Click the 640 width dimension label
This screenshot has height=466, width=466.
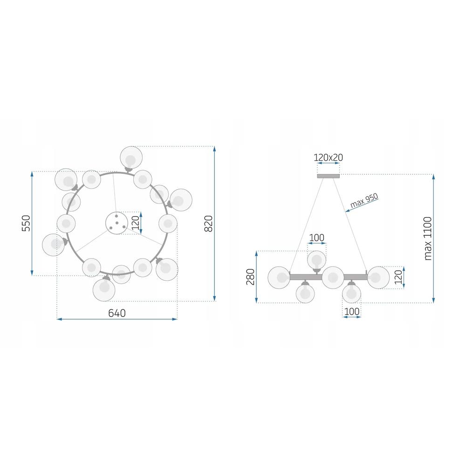(x=117, y=313)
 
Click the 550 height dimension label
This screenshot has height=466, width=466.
(x=26, y=223)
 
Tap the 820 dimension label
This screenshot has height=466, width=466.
(x=209, y=224)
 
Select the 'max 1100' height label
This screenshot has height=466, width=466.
(x=428, y=239)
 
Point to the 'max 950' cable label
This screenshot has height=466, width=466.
(x=364, y=200)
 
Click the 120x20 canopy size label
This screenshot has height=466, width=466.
(x=328, y=158)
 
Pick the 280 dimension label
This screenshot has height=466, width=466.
(x=251, y=277)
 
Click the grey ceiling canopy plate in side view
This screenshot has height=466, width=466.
(x=328, y=176)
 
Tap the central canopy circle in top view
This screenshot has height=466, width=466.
(x=117, y=223)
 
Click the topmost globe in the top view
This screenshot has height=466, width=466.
(x=131, y=158)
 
